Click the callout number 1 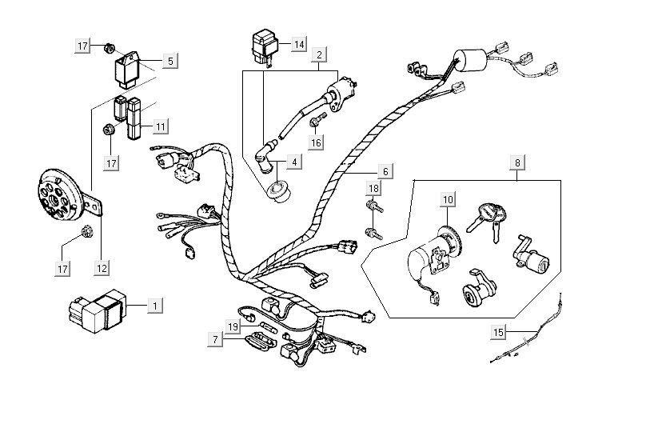(x=155, y=305)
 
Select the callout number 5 (x=169, y=60)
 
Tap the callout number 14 (x=298, y=43)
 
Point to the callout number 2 (x=319, y=55)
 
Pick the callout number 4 (x=294, y=162)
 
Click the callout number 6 (x=385, y=170)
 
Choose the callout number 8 (x=518, y=162)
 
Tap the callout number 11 (x=161, y=126)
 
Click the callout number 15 (x=499, y=330)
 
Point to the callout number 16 (x=316, y=143)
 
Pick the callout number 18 (x=373, y=188)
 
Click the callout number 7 (x=215, y=339)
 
